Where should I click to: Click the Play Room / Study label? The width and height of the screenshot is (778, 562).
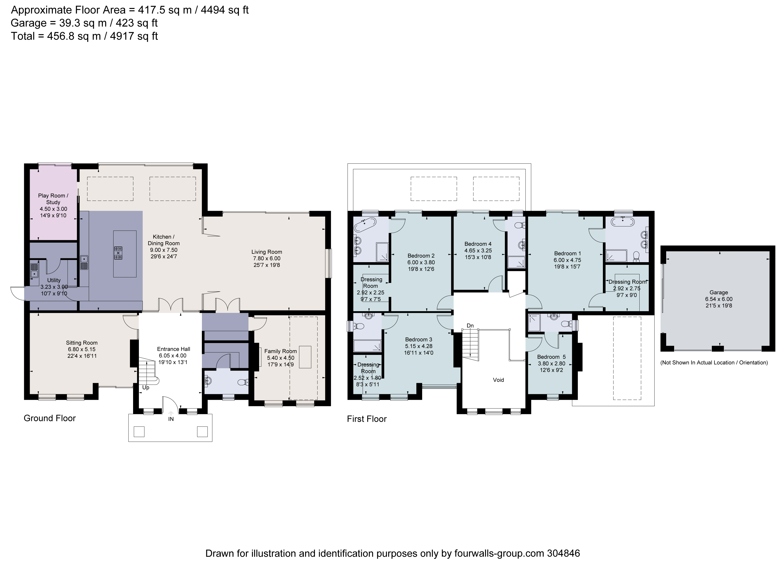tap(53, 199)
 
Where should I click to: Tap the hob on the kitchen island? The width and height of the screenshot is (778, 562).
tap(118, 253)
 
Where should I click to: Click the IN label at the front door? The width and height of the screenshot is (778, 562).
tap(171, 419)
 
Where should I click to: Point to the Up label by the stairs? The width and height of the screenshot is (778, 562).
tap(146, 388)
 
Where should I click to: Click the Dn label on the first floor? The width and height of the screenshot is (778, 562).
tap(470, 325)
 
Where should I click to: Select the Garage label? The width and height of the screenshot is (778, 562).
tap(719, 293)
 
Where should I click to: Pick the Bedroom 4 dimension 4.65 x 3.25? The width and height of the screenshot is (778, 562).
tap(478, 251)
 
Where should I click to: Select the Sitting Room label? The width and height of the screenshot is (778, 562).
tap(82, 343)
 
